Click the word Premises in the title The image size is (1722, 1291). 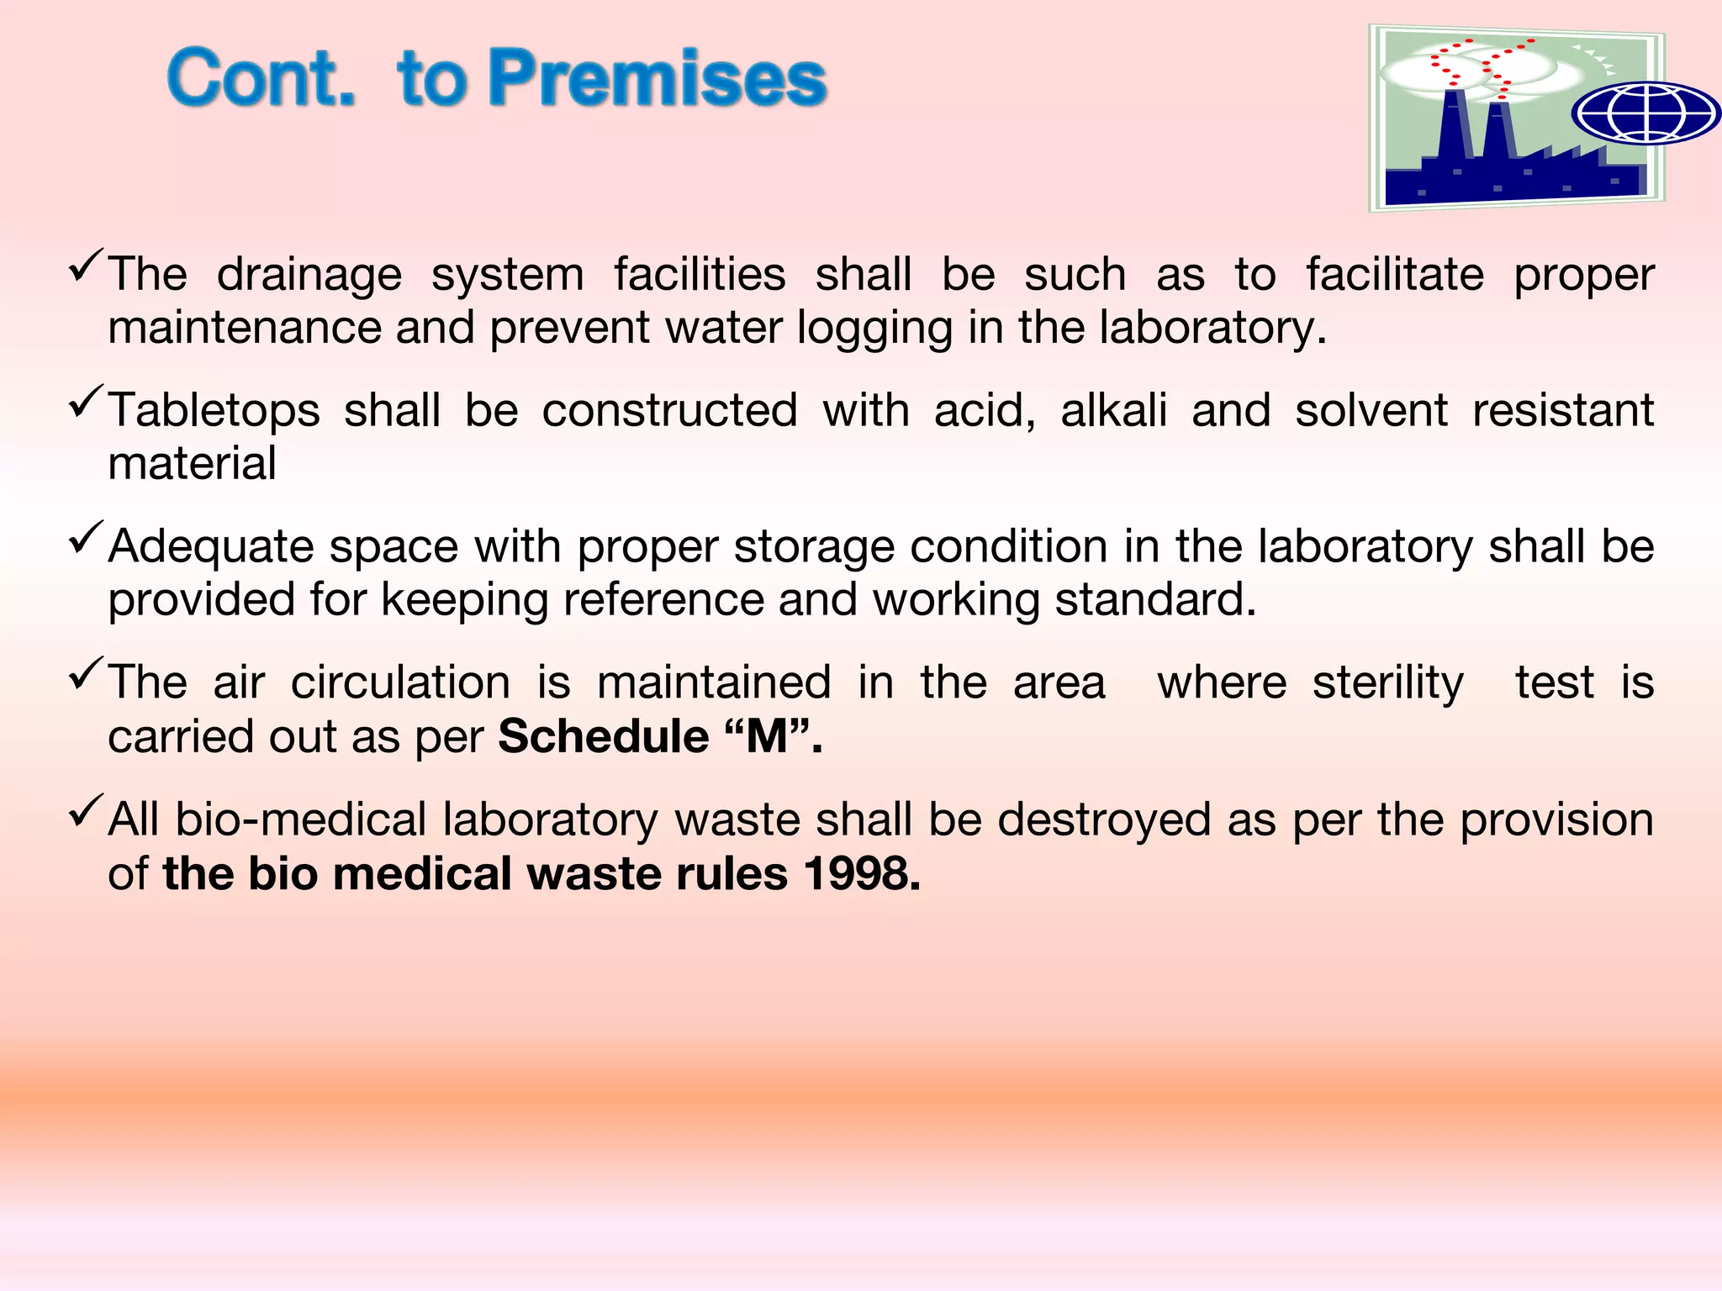[x=658, y=78]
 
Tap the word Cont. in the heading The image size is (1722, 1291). [x=261, y=78]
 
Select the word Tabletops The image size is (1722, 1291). [x=214, y=411]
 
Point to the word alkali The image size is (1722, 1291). [x=1114, y=411]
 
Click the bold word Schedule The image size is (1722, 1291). [x=603, y=737]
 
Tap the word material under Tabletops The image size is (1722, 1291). [x=192, y=464]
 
